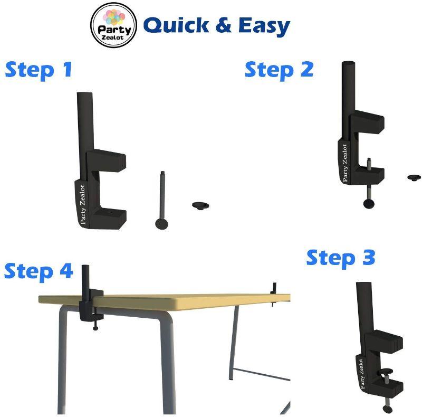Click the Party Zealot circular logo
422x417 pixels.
point(113,25)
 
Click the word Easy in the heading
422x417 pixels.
point(264,26)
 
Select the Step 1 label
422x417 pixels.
point(39,70)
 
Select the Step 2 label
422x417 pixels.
point(279,70)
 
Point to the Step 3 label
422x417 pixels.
point(341,258)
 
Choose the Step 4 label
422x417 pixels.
point(39,271)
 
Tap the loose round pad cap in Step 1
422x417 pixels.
point(200,205)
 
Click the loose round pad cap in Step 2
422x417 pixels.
point(414,177)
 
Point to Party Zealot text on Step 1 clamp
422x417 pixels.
point(83,205)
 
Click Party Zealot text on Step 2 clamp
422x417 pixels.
point(345,164)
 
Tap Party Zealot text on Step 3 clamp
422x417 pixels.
point(361,374)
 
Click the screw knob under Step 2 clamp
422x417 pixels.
point(369,203)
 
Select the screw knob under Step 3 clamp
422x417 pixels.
point(388,409)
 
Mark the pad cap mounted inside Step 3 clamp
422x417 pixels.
point(385,372)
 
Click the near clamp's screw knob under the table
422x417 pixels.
point(95,328)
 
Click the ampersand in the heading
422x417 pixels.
point(223,25)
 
